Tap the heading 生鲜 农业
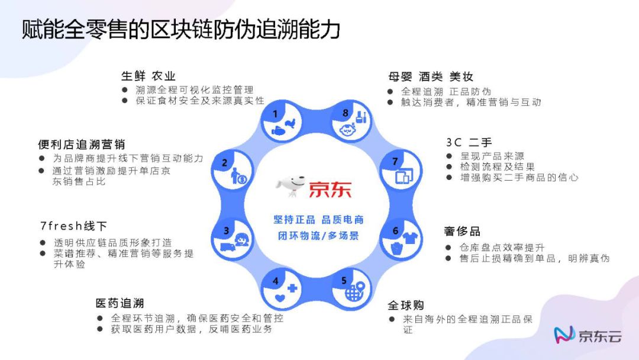point(148,76)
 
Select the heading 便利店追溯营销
point(81,144)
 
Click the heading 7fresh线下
point(73,227)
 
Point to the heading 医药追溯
point(120,304)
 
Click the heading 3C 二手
point(469,143)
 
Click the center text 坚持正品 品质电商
point(318,220)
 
